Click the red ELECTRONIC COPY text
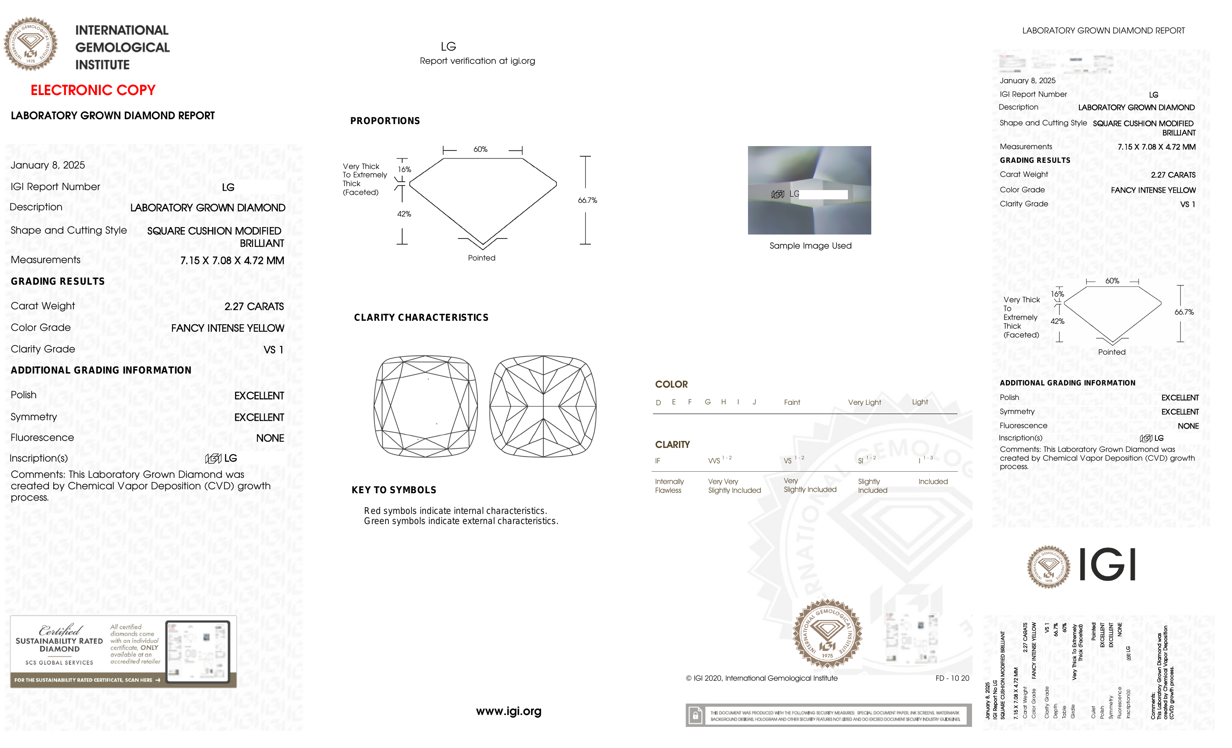(x=93, y=90)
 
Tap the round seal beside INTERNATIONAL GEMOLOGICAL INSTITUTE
(x=30, y=44)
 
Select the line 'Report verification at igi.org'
(x=477, y=61)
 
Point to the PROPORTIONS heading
(x=385, y=121)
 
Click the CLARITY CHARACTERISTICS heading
(x=421, y=318)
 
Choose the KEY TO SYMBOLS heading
(x=393, y=490)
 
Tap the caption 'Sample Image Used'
(x=810, y=246)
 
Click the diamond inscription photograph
(x=809, y=190)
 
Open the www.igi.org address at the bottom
(x=508, y=711)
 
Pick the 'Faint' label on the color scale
(x=792, y=403)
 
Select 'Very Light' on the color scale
(x=864, y=403)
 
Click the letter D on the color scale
(x=658, y=403)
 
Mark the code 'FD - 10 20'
(x=951, y=678)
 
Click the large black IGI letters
(x=1107, y=565)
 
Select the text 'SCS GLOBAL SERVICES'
(x=59, y=663)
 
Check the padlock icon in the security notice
(x=695, y=715)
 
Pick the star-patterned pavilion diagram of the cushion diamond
(x=543, y=406)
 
